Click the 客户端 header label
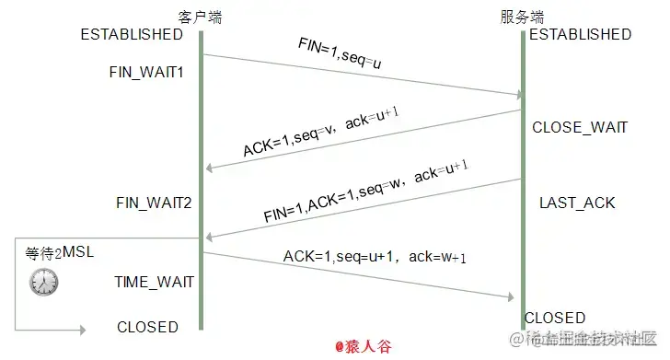[x=200, y=17]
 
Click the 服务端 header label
[x=522, y=17]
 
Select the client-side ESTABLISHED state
[x=132, y=35]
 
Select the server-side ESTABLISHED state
[x=580, y=35]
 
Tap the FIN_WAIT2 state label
[x=154, y=202]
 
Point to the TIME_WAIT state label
[x=154, y=282]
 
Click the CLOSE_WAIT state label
[x=580, y=127]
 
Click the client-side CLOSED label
[x=147, y=327]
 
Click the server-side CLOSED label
[x=555, y=318]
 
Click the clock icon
[x=43, y=282]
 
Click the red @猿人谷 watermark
[x=364, y=347]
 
